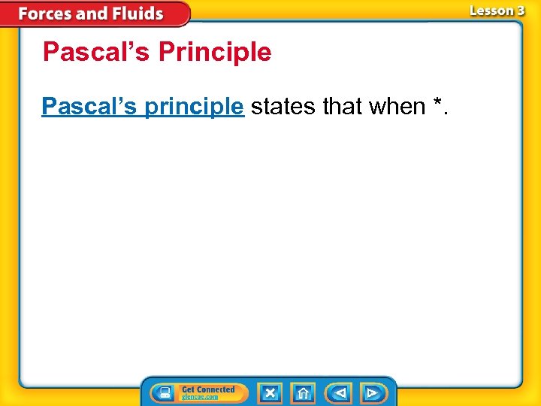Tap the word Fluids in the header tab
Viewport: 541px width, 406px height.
click(136, 14)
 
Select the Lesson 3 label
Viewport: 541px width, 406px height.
click(497, 11)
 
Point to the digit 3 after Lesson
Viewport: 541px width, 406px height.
click(520, 11)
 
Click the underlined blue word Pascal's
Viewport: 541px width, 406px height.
click(89, 107)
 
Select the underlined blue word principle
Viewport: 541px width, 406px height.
click(194, 108)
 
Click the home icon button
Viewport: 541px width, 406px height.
click(304, 393)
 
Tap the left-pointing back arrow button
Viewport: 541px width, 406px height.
click(339, 393)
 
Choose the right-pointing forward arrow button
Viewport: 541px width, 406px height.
click(372, 393)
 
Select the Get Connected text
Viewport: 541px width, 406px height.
click(208, 389)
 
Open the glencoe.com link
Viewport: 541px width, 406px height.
click(200, 397)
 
